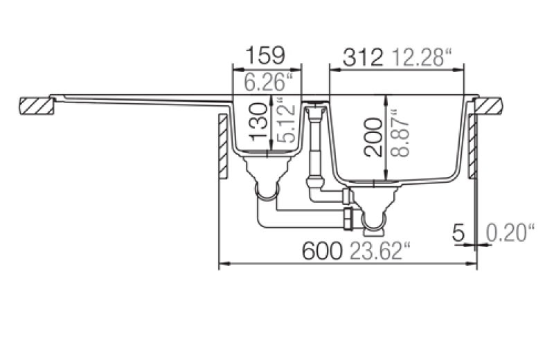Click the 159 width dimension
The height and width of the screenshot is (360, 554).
tap(265, 55)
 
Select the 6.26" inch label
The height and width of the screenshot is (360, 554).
tap(269, 82)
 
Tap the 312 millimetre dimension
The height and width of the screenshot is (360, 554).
tap(363, 57)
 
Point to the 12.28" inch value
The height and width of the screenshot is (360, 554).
tap(422, 57)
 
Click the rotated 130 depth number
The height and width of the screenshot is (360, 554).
tap(258, 122)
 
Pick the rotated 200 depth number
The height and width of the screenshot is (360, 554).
tap(373, 137)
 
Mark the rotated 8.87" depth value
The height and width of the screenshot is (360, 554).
tap(400, 133)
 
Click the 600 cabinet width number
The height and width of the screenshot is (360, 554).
tap(322, 251)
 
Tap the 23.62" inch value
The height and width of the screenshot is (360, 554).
tap(380, 251)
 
